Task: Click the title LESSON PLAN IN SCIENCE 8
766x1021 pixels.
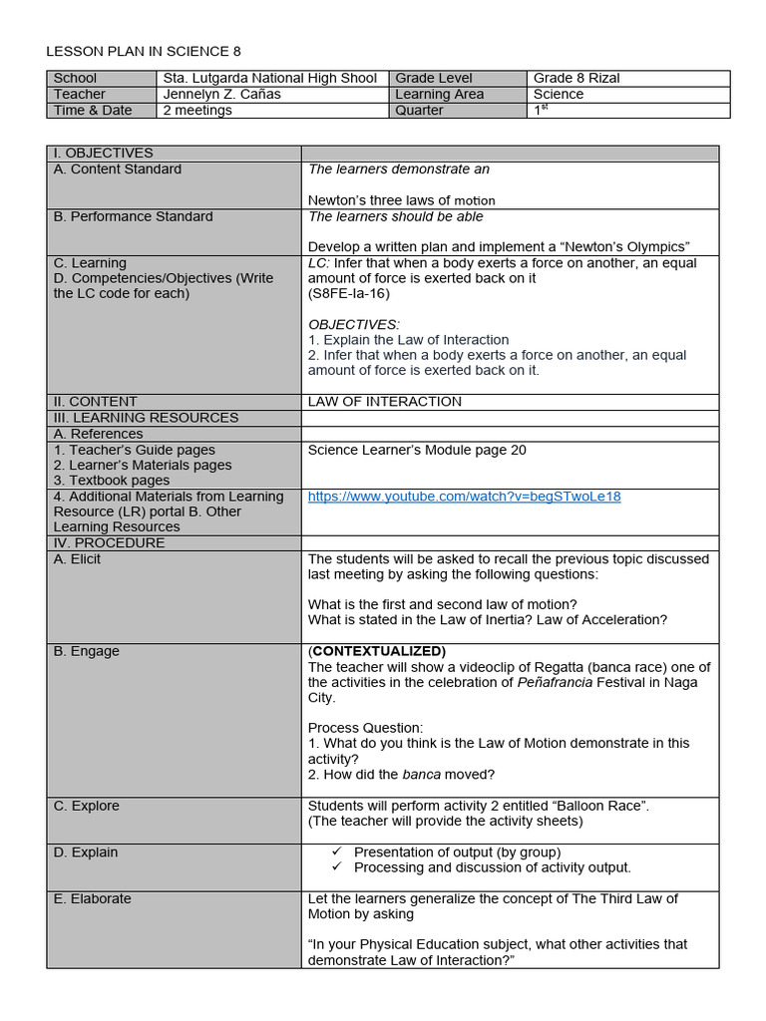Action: [x=144, y=51]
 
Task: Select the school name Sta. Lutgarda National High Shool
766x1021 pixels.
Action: [x=269, y=78]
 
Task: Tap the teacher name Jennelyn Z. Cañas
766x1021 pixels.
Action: [x=221, y=94]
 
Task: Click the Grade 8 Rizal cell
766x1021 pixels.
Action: [x=576, y=78]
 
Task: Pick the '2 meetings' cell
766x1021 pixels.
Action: [x=197, y=110]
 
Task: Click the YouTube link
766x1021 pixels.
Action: [x=464, y=497]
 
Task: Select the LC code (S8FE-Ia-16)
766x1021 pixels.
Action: [x=348, y=294]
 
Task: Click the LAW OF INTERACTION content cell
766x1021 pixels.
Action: [x=384, y=402]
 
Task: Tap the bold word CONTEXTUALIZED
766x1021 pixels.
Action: [x=377, y=651]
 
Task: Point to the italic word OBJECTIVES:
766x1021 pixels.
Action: [x=353, y=324]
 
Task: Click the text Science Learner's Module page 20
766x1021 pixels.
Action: [x=417, y=450]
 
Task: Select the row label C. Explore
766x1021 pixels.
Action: [x=86, y=806]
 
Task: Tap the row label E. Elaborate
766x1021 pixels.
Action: [x=92, y=898]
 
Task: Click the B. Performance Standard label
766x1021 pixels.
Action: [x=133, y=216]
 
